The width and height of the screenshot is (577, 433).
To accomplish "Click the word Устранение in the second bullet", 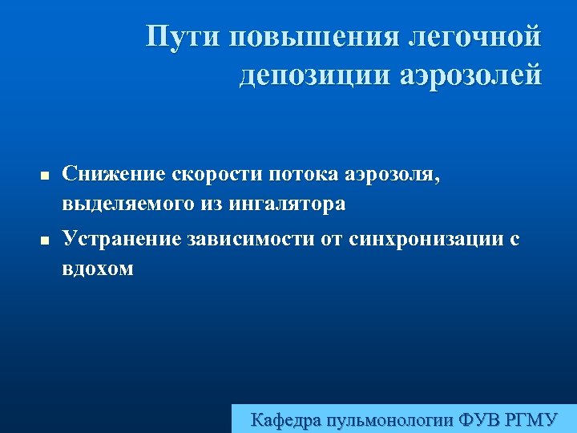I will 123,238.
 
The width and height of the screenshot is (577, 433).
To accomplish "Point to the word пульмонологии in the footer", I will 392,419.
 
